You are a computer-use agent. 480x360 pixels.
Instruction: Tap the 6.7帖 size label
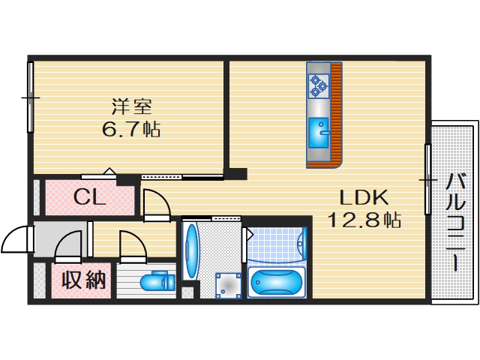click(x=130, y=128)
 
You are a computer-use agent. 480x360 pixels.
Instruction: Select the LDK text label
click(x=363, y=198)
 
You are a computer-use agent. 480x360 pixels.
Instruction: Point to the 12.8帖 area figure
click(x=363, y=220)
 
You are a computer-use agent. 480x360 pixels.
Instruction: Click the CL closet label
click(x=88, y=198)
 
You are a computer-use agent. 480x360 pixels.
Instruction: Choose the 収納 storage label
click(x=82, y=280)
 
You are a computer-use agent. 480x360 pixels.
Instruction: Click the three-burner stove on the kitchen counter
click(x=319, y=85)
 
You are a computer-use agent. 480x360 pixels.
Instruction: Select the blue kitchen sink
click(x=319, y=134)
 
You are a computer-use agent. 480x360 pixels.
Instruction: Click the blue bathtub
click(x=277, y=283)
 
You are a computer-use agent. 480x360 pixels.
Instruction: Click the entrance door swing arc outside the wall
click(x=15, y=241)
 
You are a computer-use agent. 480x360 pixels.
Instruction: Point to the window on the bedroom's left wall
click(x=31, y=97)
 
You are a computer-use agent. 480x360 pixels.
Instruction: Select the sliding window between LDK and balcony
click(x=427, y=180)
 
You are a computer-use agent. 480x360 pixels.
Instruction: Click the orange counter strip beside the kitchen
click(x=336, y=112)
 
